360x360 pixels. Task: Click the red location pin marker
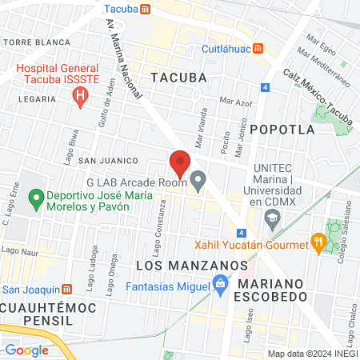click(180, 164)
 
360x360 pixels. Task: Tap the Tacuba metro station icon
click(144, 10)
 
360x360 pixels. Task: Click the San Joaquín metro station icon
click(68, 290)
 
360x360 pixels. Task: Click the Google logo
click(26, 350)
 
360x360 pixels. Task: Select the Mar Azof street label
click(235, 102)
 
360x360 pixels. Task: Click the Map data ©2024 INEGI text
click(311, 354)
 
